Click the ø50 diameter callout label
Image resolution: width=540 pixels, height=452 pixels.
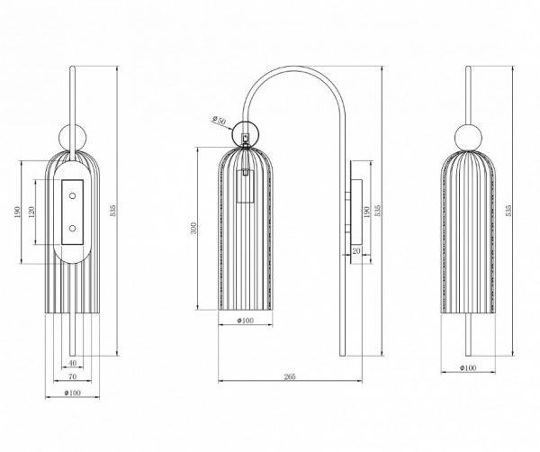219,121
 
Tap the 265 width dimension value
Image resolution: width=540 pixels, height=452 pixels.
290,376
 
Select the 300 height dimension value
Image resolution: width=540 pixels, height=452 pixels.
193,228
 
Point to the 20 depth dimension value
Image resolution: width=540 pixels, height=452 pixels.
356,251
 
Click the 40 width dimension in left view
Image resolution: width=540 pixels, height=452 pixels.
72,363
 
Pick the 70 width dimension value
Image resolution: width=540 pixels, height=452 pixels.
72,376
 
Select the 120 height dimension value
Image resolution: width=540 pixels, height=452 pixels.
31,212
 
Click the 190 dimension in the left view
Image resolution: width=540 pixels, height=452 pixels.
18,212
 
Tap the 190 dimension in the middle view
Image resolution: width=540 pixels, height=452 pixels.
366,212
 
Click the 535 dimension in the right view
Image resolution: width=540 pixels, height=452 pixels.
508,211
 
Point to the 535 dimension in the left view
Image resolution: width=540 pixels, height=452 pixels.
113,211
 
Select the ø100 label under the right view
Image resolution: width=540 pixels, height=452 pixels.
468,367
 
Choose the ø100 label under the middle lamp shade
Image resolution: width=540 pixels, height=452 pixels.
245,321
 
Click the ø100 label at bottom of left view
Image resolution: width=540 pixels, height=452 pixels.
72,393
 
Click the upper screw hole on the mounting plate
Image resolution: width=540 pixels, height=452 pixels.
72,196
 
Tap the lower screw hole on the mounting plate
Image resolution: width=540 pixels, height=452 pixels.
72,228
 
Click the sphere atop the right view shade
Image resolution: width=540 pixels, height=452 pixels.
468,138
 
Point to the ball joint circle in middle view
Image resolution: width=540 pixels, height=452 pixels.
245,133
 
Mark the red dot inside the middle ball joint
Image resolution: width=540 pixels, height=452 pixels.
245,138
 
